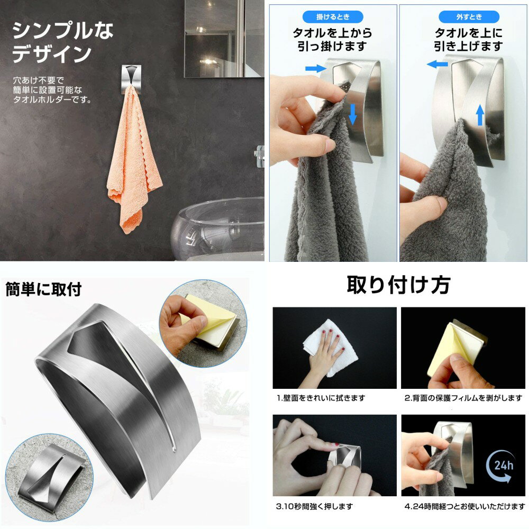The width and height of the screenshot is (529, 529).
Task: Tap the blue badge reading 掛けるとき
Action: (333, 16)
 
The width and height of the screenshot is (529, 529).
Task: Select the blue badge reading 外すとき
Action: (469, 16)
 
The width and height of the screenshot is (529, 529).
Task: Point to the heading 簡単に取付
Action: (43, 289)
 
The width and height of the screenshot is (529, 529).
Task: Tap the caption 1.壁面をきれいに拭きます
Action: (321, 398)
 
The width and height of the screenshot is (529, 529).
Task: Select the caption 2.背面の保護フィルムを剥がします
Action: (463, 398)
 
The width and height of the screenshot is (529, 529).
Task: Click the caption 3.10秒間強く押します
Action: (314, 506)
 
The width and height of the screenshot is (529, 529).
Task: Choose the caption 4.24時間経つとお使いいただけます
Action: (464, 506)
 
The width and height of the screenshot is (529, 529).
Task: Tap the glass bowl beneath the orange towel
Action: (217, 230)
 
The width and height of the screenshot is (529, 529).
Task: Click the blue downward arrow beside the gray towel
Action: (352, 114)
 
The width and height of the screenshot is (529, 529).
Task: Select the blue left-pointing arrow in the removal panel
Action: (437, 64)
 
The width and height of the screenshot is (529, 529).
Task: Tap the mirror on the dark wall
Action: (224, 39)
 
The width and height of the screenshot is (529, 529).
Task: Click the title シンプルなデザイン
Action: (63, 42)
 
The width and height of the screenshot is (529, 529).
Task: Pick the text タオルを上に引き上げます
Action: (469, 40)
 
